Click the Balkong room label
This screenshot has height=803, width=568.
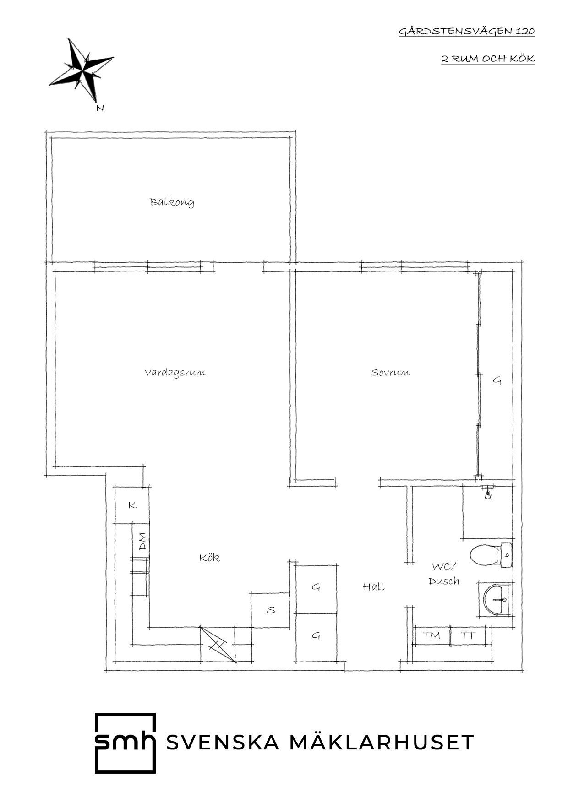pos(172,202)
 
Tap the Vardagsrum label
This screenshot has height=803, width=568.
pos(175,372)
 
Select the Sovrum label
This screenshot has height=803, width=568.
pos(390,372)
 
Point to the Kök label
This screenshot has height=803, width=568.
pos(209,558)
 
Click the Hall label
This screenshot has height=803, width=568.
pos(373,586)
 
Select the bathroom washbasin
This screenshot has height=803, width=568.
pos(496,599)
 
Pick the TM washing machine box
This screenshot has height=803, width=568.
pos(431,635)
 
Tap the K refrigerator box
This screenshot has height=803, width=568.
pos(132,505)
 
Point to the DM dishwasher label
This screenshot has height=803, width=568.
pos(143,541)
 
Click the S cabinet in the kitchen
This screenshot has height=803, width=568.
pos(271,610)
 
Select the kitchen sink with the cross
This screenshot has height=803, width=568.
pos(218,645)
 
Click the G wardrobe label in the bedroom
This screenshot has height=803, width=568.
pos(497,380)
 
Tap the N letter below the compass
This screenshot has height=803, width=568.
pos(100,109)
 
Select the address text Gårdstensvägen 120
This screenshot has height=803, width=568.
pos(467,32)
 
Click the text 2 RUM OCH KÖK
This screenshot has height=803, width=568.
pos(488,59)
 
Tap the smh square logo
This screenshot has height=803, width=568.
pos(125,743)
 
